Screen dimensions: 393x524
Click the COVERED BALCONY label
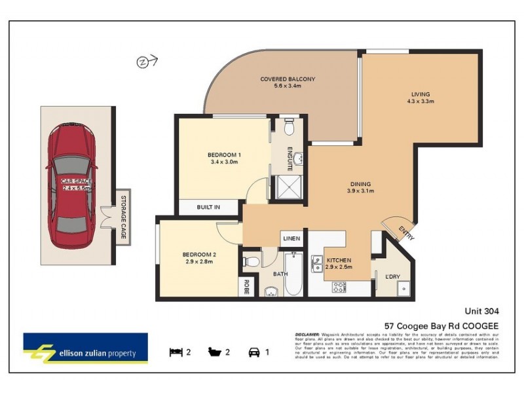(288, 79)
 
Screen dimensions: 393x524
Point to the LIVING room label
(421, 94)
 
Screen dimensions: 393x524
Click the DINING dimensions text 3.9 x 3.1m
(360, 191)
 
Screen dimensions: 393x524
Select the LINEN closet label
(291, 238)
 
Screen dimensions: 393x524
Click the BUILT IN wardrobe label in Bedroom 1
(208, 207)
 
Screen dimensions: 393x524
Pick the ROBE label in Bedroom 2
(246, 286)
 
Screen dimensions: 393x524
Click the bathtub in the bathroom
(293, 276)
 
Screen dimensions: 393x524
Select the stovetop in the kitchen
(339, 287)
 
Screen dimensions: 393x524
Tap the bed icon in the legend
(175, 352)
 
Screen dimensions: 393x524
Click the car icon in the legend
(253, 352)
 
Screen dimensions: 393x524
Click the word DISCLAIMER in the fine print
(308, 333)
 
